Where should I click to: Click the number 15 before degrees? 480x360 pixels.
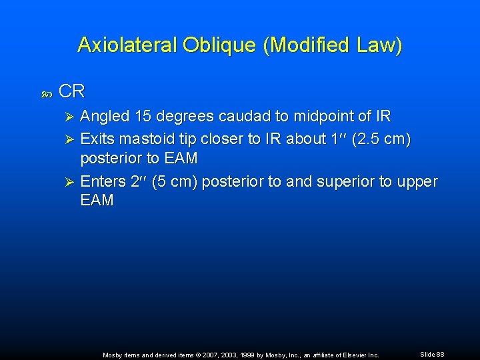[143, 117]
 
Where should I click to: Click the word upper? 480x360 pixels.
[418, 182]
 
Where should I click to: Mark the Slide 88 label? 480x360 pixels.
[432, 354]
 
